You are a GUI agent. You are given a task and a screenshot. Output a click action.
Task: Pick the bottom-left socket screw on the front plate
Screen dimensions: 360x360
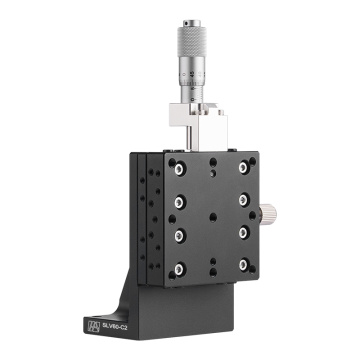tap(180, 268)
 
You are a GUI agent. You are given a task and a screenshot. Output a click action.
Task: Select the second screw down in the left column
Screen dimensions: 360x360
tap(179, 200)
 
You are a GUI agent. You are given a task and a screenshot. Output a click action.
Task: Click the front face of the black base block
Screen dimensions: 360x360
tap(200, 310)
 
